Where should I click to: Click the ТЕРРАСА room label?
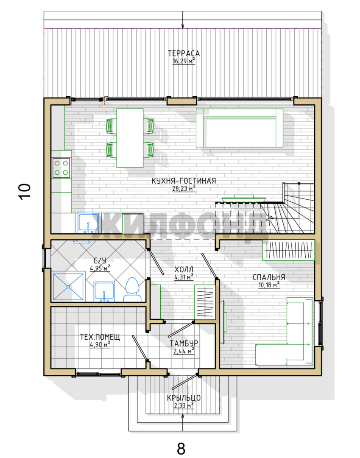tap(184, 53)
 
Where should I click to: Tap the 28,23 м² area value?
tap(184, 188)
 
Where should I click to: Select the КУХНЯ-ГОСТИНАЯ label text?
tap(184, 181)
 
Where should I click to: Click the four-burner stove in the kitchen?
tap(61, 168)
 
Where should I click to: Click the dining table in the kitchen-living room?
tap(130, 138)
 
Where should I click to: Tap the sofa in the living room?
tap(240, 128)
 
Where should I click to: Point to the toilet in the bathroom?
tap(132, 289)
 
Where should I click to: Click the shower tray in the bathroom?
tap(68, 287)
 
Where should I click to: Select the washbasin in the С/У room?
tap(104, 291)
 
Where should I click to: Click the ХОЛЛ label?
tap(184, 269)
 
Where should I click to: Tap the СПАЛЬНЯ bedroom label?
tap(269, 277)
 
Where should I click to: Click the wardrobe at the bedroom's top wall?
tap(288, 250)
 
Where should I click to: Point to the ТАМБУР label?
tap(184, 343)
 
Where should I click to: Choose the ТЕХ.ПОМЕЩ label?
tap(100, 337)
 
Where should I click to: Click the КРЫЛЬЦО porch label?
tap(184, 398)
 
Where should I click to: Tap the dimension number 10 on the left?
tap(25, 192)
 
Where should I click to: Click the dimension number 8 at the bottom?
tap(181, 448)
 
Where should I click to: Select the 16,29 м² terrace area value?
tap(184, 61)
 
